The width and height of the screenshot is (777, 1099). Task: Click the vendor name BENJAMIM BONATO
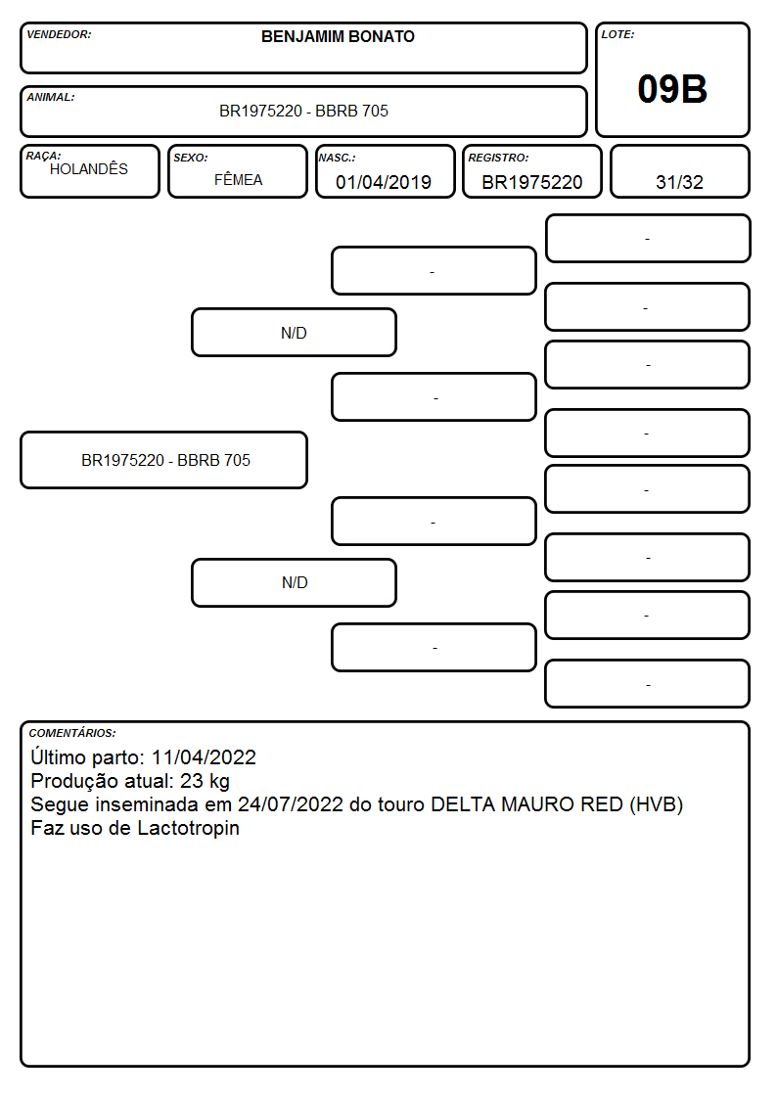338,36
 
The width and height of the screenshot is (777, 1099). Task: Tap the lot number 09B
672,89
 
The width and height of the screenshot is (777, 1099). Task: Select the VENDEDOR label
59,34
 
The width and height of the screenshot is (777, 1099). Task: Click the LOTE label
617,34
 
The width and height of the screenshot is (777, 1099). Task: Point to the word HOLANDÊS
89,169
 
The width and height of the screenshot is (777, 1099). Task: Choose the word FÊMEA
238,180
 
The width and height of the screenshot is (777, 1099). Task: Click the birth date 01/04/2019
384,182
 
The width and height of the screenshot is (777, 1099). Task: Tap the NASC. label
337,159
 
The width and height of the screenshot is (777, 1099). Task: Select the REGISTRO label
498,159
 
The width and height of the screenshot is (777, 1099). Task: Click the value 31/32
679,182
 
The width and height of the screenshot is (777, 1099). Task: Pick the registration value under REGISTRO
531,182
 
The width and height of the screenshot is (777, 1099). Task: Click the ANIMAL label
51,98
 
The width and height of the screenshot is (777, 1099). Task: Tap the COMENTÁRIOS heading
72,733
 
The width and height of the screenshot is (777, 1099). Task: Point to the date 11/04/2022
204,757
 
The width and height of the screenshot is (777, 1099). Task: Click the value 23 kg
205,782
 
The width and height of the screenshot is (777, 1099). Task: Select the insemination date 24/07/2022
291,804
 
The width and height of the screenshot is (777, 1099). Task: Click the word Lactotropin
188,829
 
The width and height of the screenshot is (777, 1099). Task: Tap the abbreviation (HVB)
656,804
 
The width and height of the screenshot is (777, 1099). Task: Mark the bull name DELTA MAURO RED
526,804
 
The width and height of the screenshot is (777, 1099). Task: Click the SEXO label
191,159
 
